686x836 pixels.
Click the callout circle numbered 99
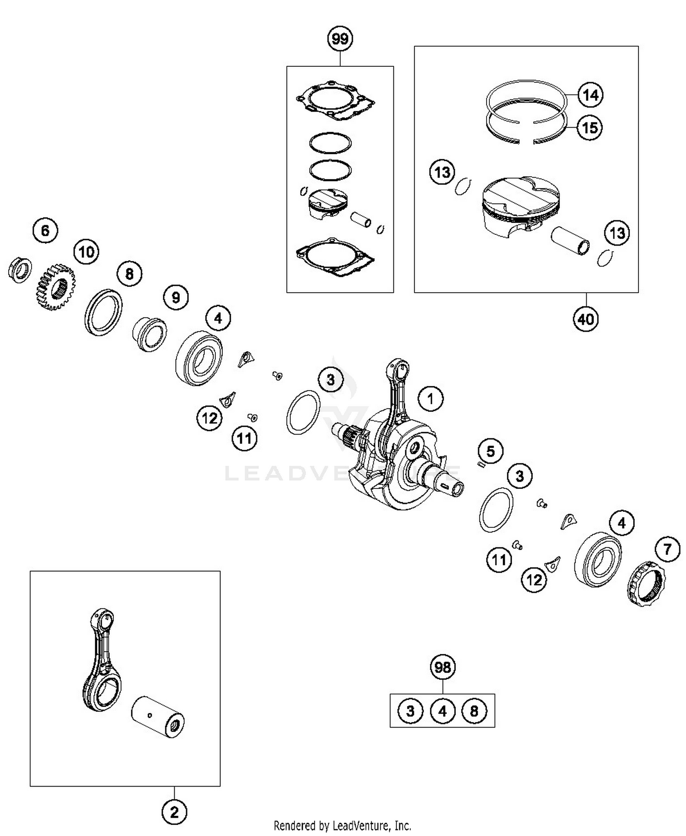340,39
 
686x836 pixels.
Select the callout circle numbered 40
586,319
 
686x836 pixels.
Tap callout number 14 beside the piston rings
590,95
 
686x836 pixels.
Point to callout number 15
590,128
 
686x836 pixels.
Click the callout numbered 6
45,230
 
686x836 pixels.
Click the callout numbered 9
176,298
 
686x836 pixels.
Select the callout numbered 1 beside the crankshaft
430,399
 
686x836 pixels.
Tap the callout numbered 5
490,451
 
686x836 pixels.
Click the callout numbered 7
667,548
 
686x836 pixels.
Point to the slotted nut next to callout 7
646,584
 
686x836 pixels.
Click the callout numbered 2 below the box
174,813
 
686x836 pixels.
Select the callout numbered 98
442,668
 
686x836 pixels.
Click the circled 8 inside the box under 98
474,711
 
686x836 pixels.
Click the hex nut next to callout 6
20,270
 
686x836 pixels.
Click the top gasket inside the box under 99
335,102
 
